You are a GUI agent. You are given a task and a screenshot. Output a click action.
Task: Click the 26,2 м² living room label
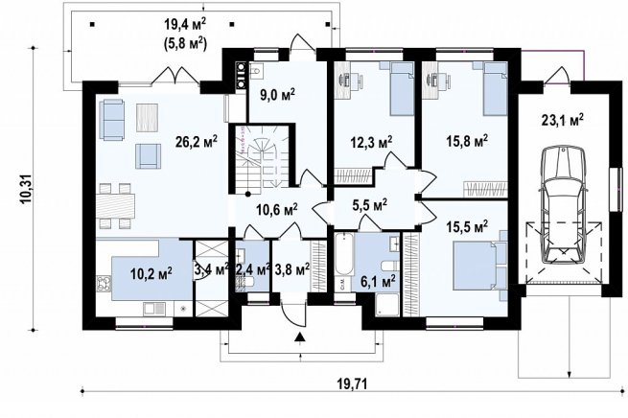[x=197, y=141]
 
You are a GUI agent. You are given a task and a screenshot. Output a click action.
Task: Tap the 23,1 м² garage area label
[x=562, y=120]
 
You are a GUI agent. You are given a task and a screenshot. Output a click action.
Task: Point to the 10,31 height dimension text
[x=27, y=190]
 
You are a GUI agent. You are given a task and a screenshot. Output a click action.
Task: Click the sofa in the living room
[x=112, y=120]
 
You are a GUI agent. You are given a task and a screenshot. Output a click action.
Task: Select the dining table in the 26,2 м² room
[x=116, y=206]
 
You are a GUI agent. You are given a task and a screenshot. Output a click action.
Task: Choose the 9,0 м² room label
[x=275, y=94]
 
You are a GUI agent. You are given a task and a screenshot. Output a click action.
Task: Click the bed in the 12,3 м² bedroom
[x=402, y=88]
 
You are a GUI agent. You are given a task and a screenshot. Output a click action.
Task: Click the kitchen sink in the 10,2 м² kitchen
[x=154, y=309]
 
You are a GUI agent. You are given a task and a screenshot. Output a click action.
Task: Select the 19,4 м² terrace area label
[x=185, y=25]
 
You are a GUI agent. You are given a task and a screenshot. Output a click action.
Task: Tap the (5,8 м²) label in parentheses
[x=185, y=42]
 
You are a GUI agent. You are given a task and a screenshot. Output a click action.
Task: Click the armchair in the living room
[x=149, y=156]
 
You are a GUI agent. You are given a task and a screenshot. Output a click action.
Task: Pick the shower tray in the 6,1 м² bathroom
[x=387, y=305]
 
